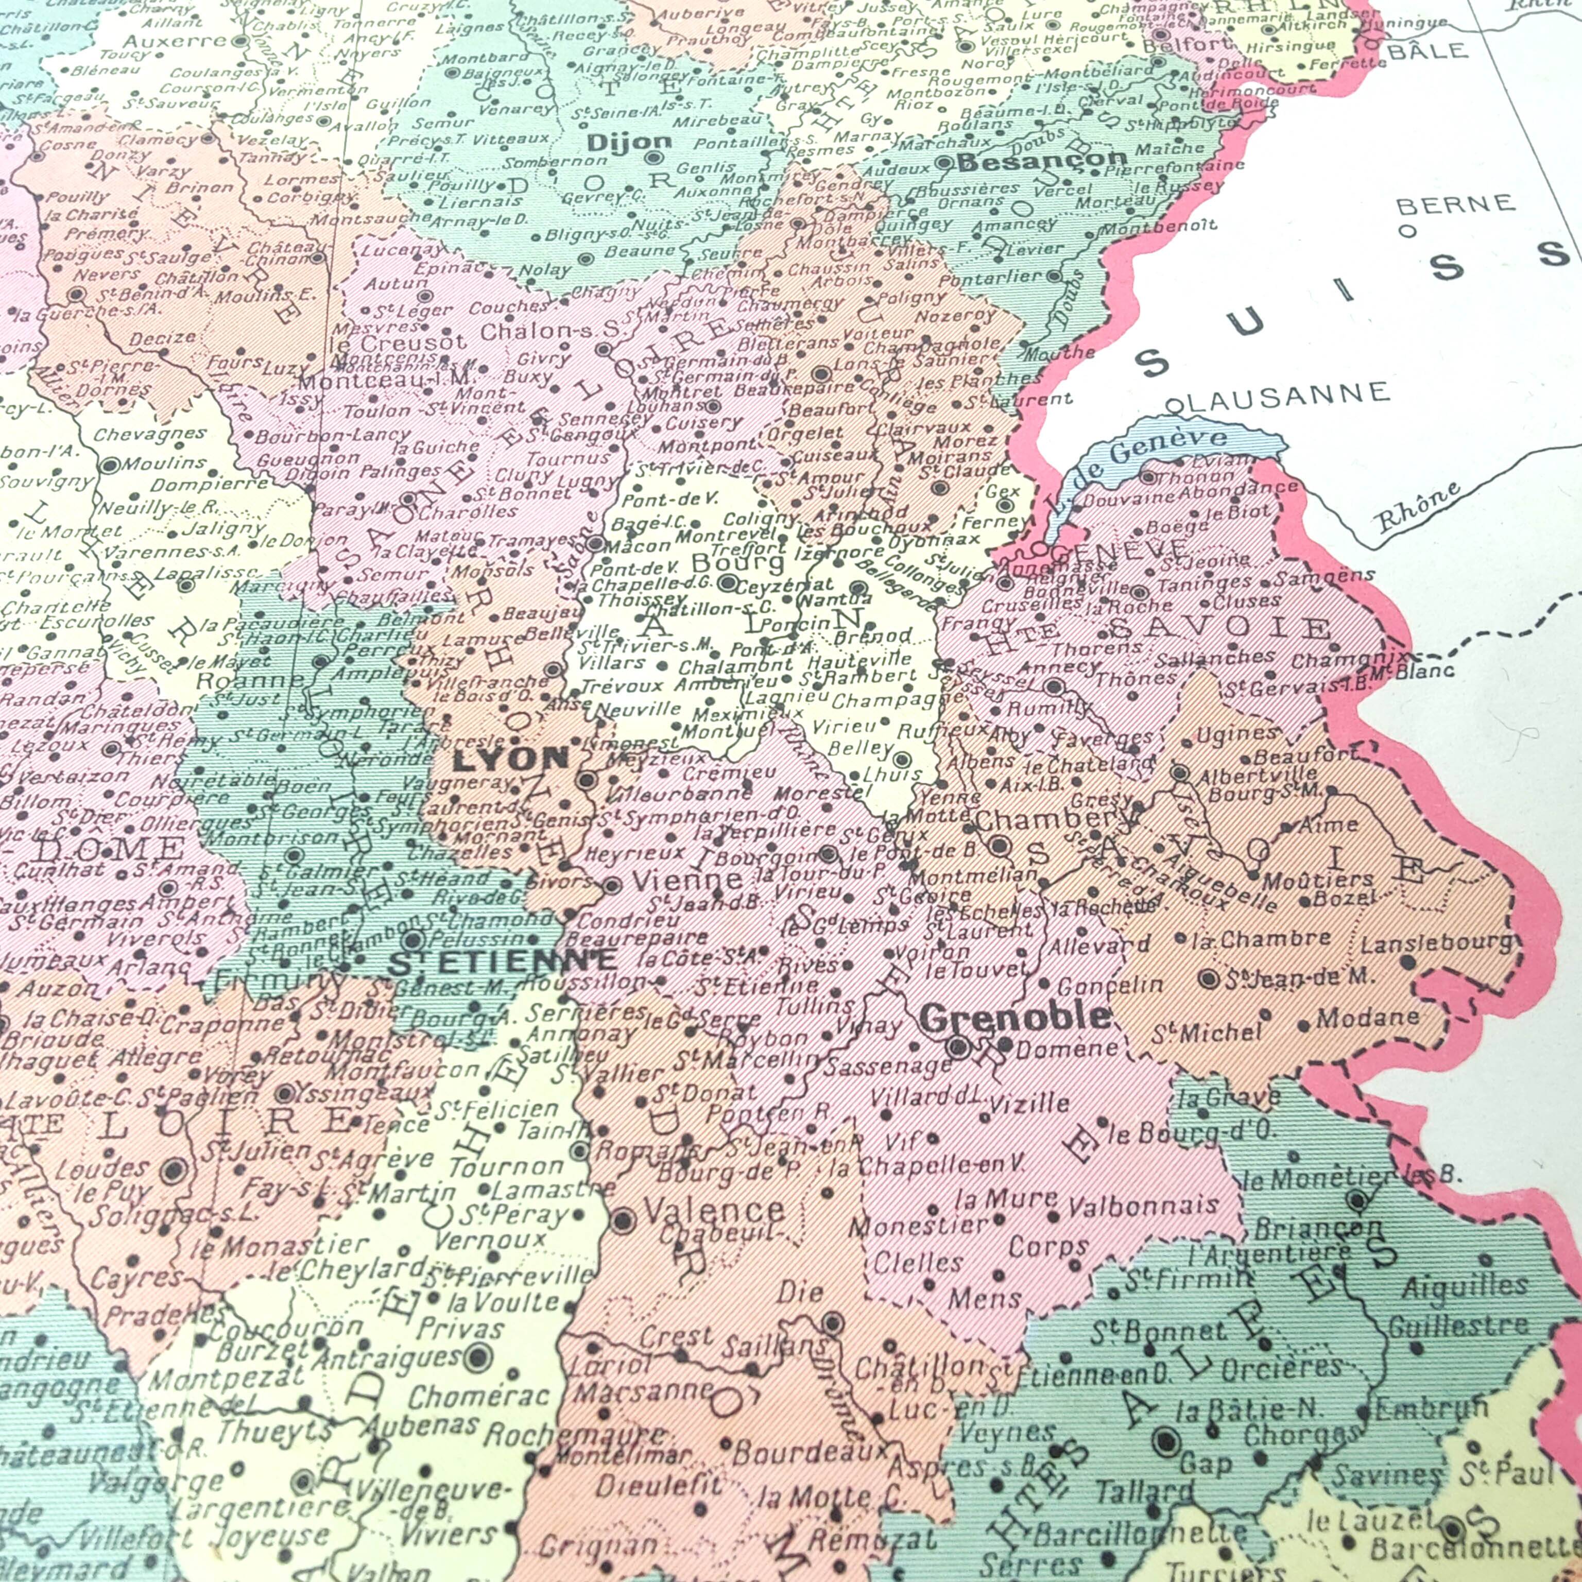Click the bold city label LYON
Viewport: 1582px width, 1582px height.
tap(510, 759)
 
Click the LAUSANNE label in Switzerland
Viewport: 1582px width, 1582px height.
tap(1285, 397)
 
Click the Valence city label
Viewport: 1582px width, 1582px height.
tap(714, 1210)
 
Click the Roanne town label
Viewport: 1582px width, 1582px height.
tap(250, 680)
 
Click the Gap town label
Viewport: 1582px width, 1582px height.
tap(1206, 1463)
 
